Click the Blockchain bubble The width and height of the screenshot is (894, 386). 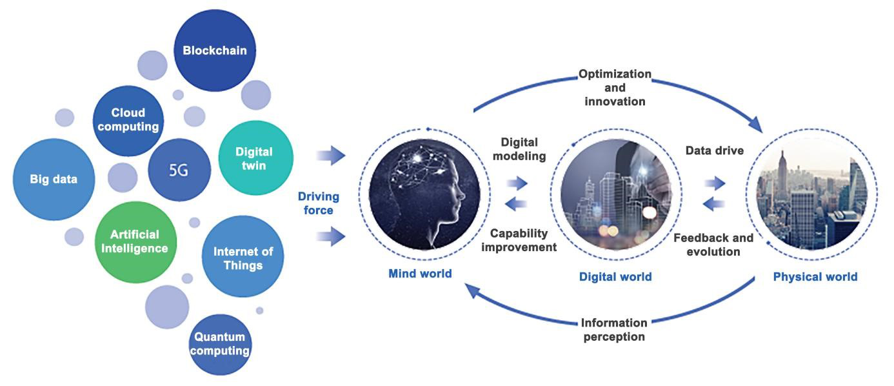coord(215,50)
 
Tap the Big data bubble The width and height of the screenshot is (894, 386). coord(54,179)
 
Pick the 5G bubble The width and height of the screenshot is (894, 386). coord(179,170)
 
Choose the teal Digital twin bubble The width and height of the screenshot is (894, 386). coord(254,159)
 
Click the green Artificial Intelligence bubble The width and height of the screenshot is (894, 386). coord(134,241)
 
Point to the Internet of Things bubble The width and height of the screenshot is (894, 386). coord(238,258)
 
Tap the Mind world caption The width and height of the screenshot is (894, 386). coord(420,274)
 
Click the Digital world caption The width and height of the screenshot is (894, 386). coord(615,277)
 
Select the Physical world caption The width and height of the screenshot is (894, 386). coord(815,277)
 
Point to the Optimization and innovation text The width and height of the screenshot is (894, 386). coord(614,87)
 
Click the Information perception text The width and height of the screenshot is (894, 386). coord(613,329)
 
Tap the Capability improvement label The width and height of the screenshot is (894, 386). coord(522,240)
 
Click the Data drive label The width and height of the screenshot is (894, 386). coord(714,151)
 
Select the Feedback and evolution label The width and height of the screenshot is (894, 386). coord(713,244)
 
